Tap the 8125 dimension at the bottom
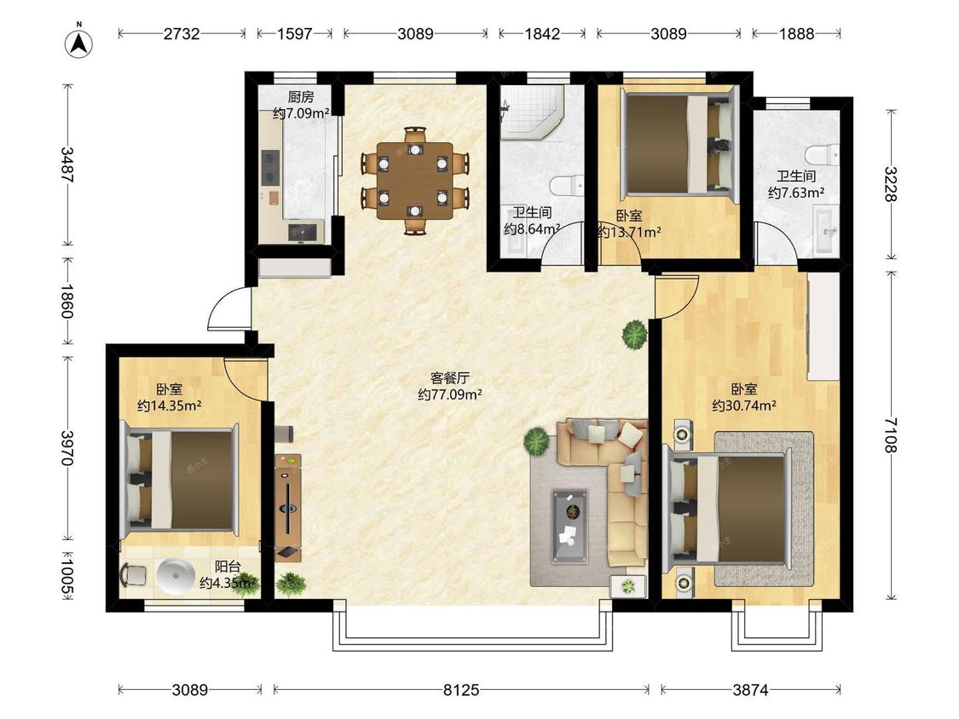461,690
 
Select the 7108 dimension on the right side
891,435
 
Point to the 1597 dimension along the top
295,33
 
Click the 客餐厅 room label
449,378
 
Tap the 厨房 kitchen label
300,97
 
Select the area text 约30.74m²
744,406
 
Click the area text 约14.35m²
170,406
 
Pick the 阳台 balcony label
228,567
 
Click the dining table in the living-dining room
415,181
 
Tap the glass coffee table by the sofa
569,526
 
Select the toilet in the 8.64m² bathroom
566,186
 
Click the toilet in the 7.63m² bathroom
822,155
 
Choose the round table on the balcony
176,576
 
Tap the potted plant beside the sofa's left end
536,440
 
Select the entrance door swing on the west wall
229,308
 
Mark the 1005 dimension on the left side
68,573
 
